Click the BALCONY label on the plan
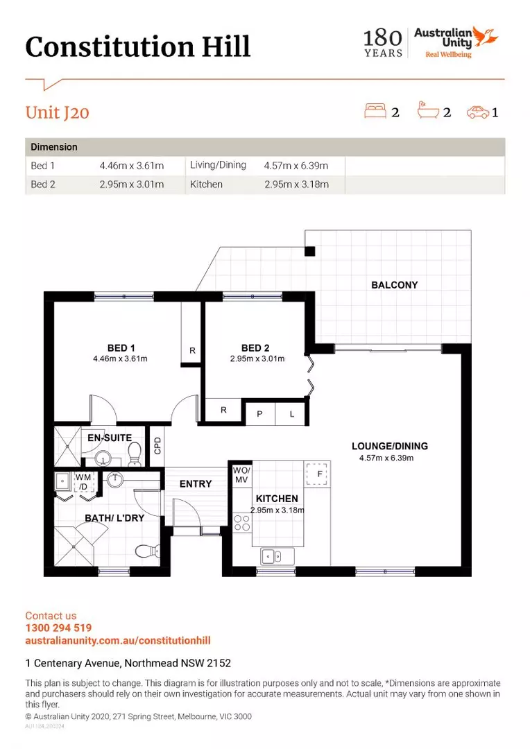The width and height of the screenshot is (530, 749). coord(394,285)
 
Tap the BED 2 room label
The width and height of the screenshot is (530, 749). coord(255,348)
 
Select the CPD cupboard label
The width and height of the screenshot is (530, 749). coord(157,446)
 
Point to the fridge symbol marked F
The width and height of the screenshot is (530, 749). coord(317,474)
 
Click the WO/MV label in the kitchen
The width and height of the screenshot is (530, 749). coord(241,475)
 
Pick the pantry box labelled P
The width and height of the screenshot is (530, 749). coord(259,414)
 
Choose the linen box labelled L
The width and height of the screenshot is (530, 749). coord(291,414)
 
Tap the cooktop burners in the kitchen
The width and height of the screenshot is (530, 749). coord(242,523)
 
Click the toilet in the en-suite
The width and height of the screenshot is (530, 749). coord(135,454)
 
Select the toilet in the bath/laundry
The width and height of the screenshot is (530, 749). coord(147,551)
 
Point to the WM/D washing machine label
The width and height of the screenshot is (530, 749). coord(83,482)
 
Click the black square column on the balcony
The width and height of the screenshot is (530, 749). coord(310,251)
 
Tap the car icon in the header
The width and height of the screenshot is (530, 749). coord(478,112)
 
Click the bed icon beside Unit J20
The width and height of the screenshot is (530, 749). coord(375,111)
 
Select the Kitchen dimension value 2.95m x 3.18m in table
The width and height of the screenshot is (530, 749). coord(296,184)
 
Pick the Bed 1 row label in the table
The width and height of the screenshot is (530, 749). coord(42,166)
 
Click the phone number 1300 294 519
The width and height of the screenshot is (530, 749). coord(58,628)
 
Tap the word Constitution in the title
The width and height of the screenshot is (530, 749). coord(110,47)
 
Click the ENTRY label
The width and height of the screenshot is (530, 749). coord(196,484)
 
